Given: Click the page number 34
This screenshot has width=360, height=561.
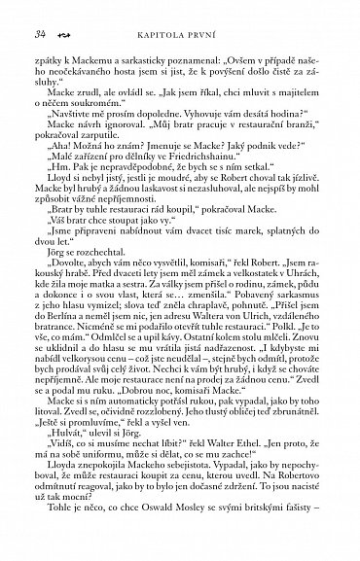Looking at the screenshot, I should click(x=39, y=34).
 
